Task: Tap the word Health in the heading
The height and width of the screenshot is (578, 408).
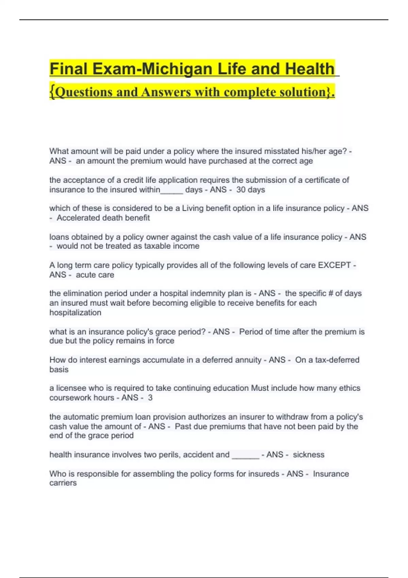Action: pyautogui.click(x=310, y=69)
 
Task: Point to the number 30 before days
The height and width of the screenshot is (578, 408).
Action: pyautogui.click(x=241, y=190)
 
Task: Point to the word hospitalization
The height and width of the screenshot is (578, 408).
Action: pyautogui.click(x=75, y=312)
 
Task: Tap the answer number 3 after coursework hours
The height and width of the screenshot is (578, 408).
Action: pyautogui.click(x=150, y=397)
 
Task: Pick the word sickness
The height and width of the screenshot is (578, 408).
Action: pyautogui.click(x=308, y=455)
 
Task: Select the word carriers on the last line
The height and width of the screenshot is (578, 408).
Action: pyautogui.click(x=63, y=483)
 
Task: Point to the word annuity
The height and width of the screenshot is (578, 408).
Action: pyautogui.click(x=249, y=360)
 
